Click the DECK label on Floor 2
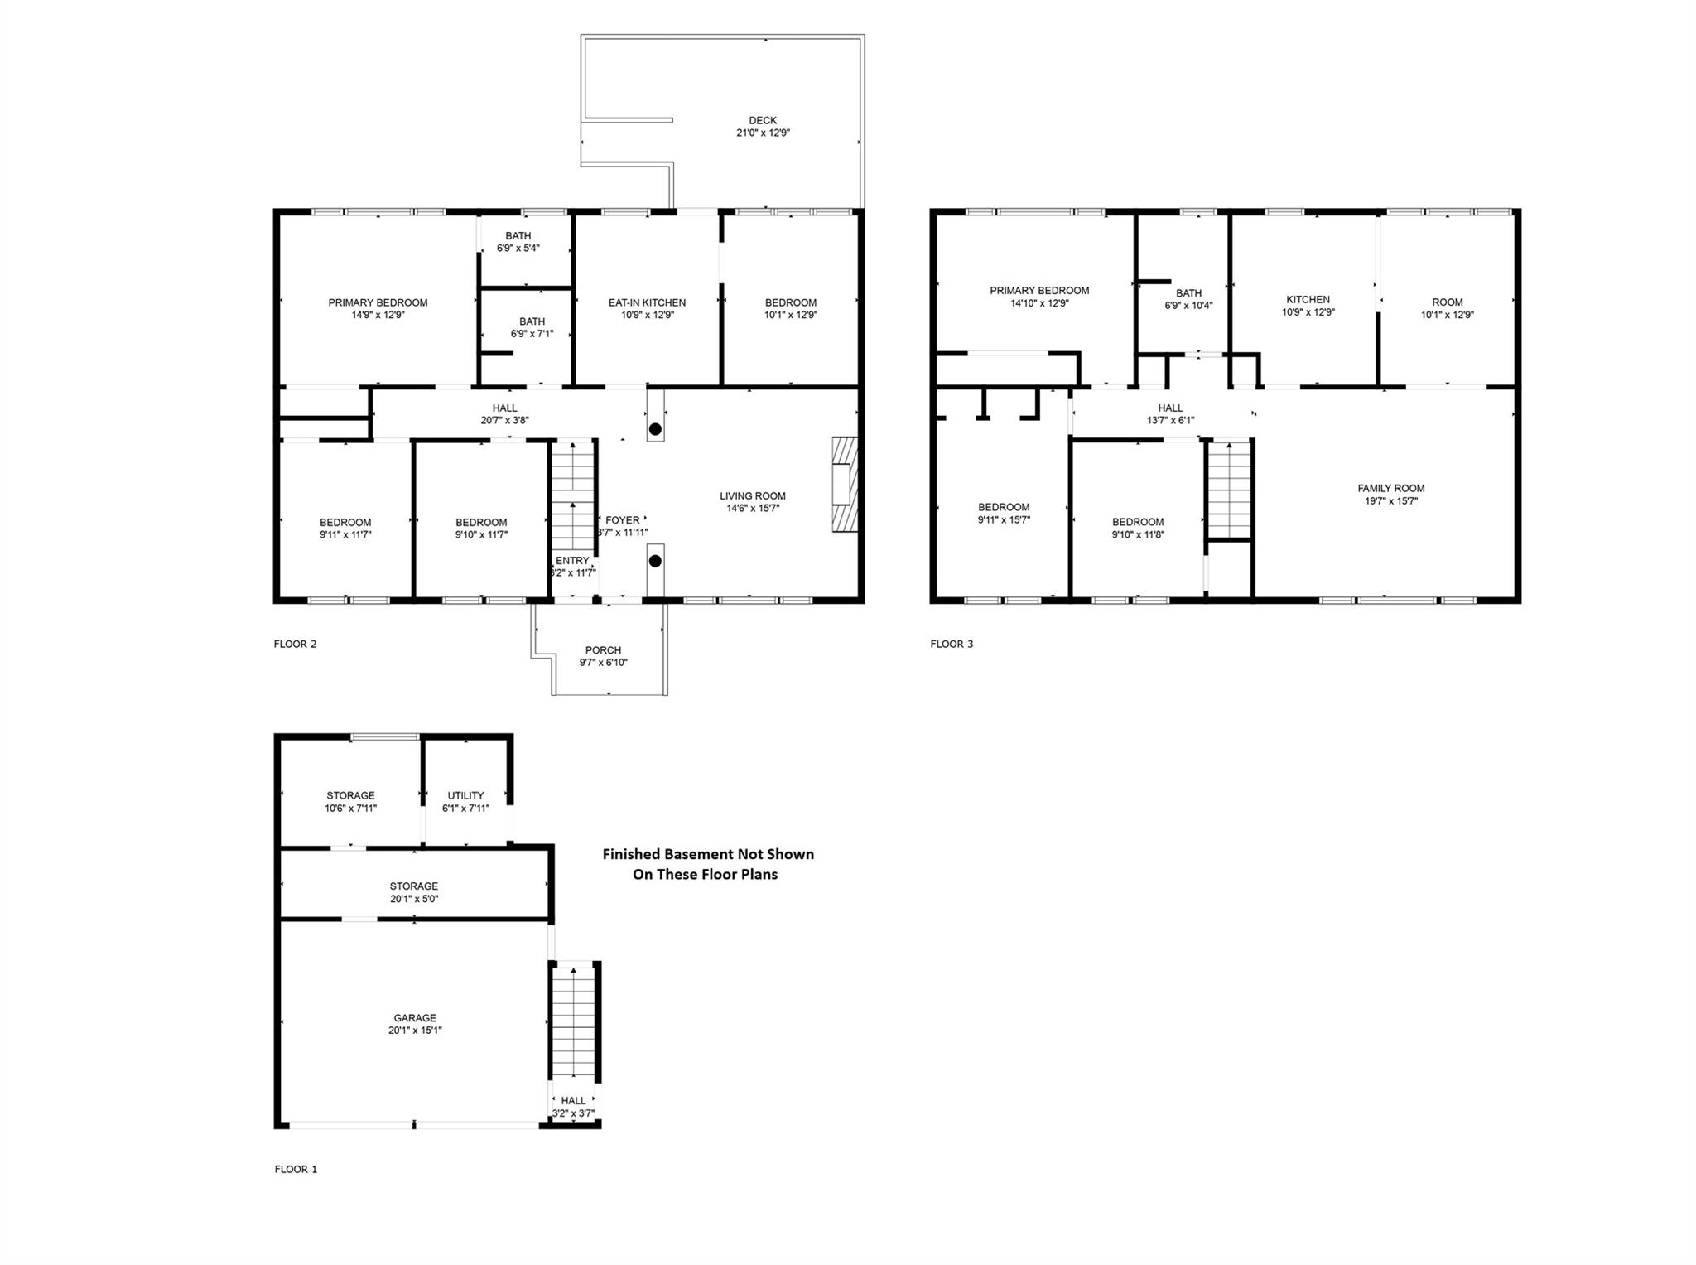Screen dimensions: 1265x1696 tap(763, 121)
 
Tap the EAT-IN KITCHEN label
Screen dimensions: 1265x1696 tap(647, 302)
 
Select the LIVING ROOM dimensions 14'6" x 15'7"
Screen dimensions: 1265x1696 tap(752, 509)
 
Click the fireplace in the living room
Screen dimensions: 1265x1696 tap(846, 485)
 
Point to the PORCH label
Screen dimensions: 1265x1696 tap(603, 650)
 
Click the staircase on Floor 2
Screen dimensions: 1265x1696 tap(573, 495)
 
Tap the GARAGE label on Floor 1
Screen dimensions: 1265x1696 tap(415, 1018)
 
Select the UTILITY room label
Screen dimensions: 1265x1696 tap(465, 795)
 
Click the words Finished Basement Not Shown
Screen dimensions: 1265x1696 tap(707, 854)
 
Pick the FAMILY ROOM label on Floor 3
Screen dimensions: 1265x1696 tap(1390, 489)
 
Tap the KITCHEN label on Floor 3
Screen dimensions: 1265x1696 tap(1308, 300)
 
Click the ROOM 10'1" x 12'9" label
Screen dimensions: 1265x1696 tap(1447, 308)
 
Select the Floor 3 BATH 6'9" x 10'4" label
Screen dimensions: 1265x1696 tap(1188, 299)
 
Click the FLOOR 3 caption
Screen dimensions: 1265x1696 tap(952, 644)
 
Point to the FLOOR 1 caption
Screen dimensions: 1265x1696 tap(296, 1169)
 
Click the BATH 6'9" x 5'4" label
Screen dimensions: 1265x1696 tap(518, 242)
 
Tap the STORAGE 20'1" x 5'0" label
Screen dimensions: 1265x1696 tap(413, 892)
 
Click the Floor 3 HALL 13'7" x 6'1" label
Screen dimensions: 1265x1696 tap(1170, 413)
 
